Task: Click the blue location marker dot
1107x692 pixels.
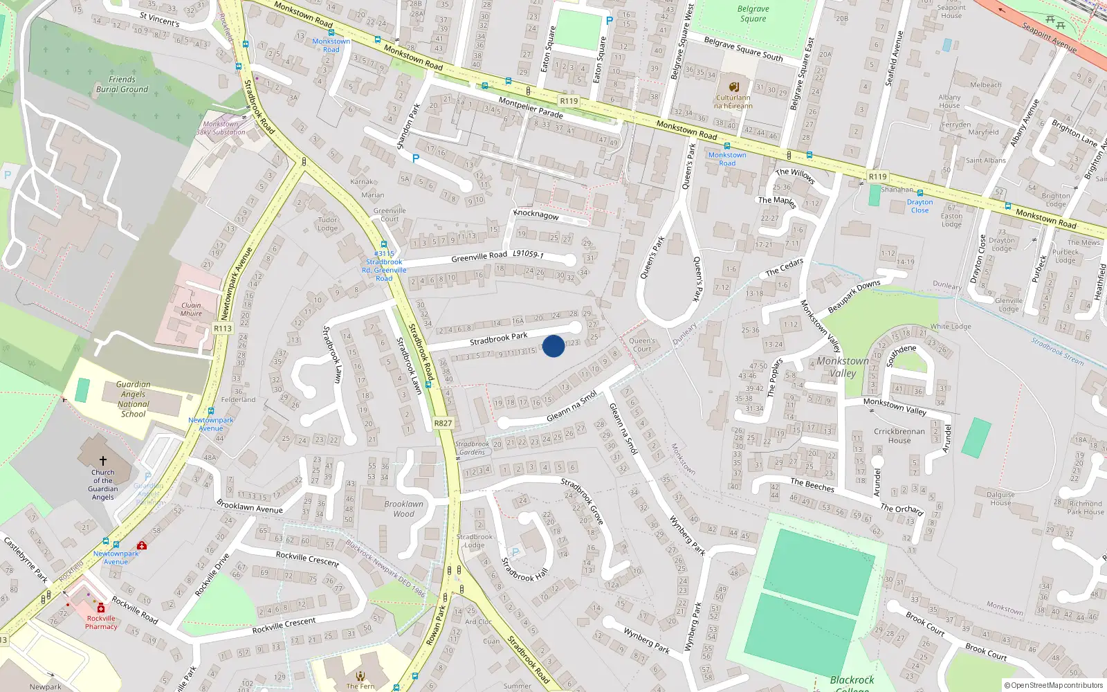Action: pos(553,346)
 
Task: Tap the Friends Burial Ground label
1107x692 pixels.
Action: pos(122,84)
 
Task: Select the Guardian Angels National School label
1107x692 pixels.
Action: pos(133,399)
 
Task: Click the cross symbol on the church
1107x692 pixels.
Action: pos(103,460)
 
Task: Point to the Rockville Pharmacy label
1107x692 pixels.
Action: pos(101,622)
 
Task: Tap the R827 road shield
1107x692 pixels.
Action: pos(443,423)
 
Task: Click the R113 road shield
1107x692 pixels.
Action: pos(223,329)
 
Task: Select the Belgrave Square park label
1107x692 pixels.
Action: pos(753,14)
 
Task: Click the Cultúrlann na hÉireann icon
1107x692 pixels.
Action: pos(734,87)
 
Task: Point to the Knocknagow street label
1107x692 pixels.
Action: pos(536,214)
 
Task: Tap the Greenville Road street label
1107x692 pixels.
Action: pos(479,257)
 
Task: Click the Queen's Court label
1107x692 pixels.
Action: pos(642,345)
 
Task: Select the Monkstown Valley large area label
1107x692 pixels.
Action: pos(842,367)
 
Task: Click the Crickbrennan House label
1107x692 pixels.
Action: pos(899,436)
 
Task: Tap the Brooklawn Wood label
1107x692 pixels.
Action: pos(403,509)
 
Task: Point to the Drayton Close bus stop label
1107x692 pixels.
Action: pos(920,206)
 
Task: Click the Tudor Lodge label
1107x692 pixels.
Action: pos(328,224)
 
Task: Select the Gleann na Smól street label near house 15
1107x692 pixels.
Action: pos(571,408)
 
